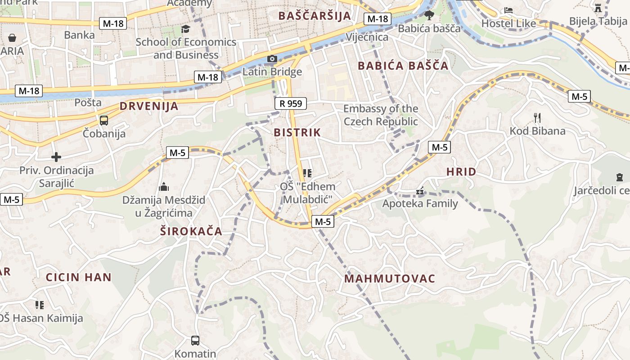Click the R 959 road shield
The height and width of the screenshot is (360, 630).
tap(291, 103)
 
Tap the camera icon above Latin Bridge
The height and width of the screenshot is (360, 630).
tap(272, 58)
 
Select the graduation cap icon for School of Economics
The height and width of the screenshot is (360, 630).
tap(185, 29)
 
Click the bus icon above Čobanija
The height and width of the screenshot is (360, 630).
tap(104, 120)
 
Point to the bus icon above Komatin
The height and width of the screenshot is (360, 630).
tap(195, 340)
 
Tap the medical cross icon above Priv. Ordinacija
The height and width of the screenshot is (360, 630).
tap(56, 157)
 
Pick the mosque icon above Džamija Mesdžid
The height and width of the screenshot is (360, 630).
tap(164, 186)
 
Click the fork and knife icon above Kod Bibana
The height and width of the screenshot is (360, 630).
tap(537, 118)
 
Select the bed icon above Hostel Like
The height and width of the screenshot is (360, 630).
tap(508, 10)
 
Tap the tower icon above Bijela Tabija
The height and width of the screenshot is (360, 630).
tap(598, 8)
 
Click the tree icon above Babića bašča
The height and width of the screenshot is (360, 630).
tap(429, 15)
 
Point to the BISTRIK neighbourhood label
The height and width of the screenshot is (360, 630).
tap(297, 132)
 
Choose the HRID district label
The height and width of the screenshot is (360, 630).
tap(461, 171)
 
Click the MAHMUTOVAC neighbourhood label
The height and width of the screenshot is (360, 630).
tap(390, 279)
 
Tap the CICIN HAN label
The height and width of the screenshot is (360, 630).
tap(78, 277)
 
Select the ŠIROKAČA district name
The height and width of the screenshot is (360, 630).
tap(191, 231)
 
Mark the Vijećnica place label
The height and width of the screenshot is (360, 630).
tap(367, 37)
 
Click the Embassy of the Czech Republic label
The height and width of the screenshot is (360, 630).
tap(381, 115)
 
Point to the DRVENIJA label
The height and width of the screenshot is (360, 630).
tap(149, 107)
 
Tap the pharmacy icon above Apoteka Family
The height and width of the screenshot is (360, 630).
tap(420, 191)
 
